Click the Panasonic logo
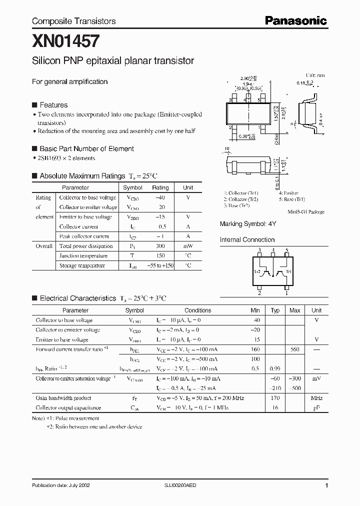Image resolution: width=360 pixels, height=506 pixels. tap(295, 20)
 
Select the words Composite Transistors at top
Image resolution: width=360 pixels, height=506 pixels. tap(73, 21)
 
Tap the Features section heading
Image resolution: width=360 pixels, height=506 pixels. tap(53, 105)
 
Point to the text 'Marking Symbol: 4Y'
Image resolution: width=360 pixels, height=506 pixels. tap(247, 224)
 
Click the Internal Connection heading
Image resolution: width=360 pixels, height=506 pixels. tap(247, 240)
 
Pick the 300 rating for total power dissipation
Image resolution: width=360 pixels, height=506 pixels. tap(160, 246)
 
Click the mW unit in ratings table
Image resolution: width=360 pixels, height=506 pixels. tap(188, 246)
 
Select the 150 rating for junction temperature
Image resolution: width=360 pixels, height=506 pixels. tap(160, 255)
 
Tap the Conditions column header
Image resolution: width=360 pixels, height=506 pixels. tap(197, 310)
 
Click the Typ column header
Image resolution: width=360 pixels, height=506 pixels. tap(274, 310)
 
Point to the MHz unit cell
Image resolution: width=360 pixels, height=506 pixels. tap(316, 398)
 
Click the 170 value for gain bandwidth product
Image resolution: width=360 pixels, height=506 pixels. tap(274, 398)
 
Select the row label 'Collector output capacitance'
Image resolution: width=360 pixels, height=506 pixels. tap(68, 408)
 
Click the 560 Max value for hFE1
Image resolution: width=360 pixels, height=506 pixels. tap(295, 349)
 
